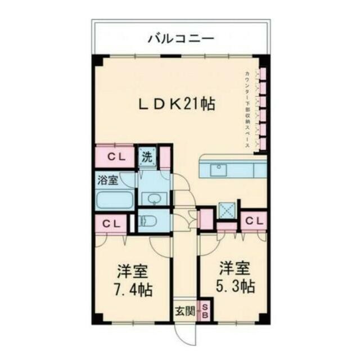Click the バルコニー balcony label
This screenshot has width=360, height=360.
pyautogui.click(x=181, y=39)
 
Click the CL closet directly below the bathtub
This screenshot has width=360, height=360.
pyautogui.click(x=111, y=223)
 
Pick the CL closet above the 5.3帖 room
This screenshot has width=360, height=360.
pyautogui.click(x=254, y=220)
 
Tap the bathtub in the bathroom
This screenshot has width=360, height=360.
pyautogui.click(x=115, y=200)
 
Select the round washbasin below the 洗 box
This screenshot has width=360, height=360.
pyautogui.click(x=153, y=198)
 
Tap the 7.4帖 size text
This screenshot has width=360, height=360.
pyautogui.click(x=133, y=291)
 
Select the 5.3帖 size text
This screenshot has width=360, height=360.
pyautogui.click(x=236, y=286)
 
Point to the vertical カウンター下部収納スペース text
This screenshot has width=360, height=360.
pyautogui.click(x=247, y=110)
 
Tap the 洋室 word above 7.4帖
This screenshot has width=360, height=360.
pyautogui.click(x=133, y=272)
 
